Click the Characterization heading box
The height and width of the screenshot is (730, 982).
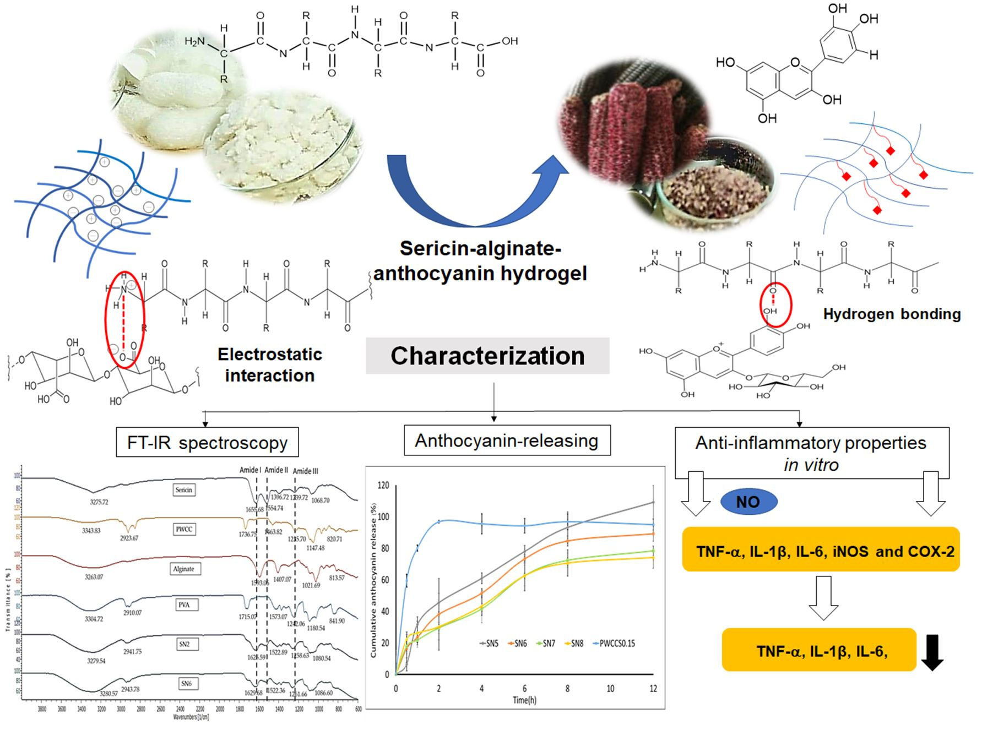pos(487,356)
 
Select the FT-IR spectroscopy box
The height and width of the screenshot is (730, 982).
pos(207,443)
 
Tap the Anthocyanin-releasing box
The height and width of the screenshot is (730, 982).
pos(507,440)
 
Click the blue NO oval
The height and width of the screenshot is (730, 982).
pos(748,502)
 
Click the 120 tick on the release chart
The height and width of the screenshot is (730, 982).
pos(383,486)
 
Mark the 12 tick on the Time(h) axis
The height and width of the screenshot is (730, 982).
pos(653,689)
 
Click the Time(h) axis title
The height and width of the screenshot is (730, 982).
pos(524,700)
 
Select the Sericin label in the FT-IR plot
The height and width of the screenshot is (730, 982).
pos(184,490)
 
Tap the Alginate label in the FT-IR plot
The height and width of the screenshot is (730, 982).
pos(184,569)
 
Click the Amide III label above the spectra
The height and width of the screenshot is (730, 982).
pos(306,471)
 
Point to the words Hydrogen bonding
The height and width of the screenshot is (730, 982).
pos(892,314)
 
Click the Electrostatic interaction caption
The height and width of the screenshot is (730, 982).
pos(270,364)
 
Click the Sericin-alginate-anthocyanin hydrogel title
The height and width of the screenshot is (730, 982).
pos(480,261)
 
